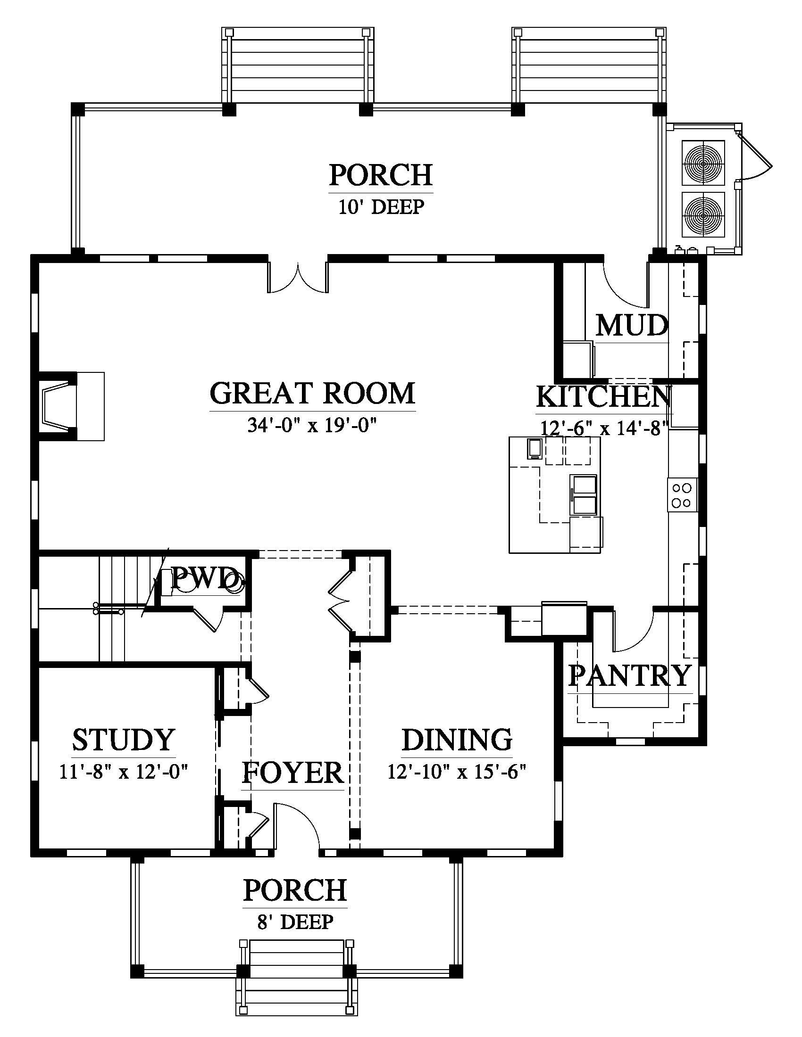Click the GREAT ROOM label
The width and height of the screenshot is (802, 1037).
(x=312, y=393)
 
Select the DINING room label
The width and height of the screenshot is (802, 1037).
(x=457, y=739)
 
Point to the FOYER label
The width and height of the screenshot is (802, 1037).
(x=292, y=773)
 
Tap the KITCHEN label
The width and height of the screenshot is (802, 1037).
(x=604, y=396)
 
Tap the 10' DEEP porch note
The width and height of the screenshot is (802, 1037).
(x=381, y=207)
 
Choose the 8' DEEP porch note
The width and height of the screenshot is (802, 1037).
(x=295, y=922)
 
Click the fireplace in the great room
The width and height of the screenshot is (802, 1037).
(x=71, y=406)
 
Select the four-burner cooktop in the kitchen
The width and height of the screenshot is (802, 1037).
(x=682, y=495)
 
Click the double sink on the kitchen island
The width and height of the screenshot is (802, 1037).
(x=584, y=494)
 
